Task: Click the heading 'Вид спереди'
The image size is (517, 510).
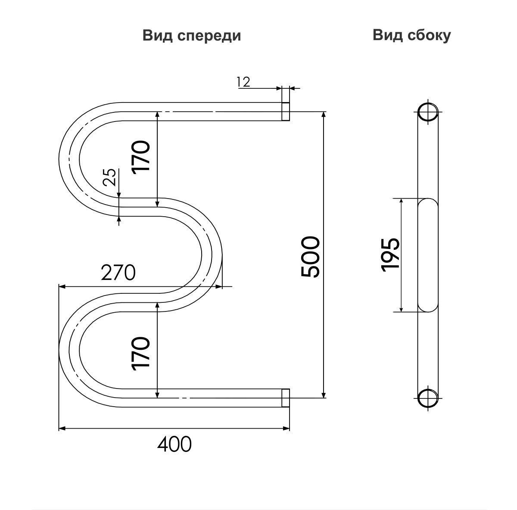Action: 191,36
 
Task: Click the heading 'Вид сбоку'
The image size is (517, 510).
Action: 411,35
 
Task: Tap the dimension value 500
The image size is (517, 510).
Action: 311,257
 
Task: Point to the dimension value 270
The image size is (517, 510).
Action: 118,273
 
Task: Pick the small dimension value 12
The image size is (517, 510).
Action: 243,81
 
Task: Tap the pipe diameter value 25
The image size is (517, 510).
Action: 110,177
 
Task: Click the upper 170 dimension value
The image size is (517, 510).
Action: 141,156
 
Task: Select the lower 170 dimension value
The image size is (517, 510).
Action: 141,353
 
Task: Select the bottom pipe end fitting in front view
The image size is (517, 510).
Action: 285,398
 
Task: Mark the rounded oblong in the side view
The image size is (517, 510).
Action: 427,255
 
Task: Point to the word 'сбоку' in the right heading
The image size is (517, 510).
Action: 429,35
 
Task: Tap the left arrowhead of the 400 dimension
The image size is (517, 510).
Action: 61,428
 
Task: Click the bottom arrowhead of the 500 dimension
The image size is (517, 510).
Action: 324,395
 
